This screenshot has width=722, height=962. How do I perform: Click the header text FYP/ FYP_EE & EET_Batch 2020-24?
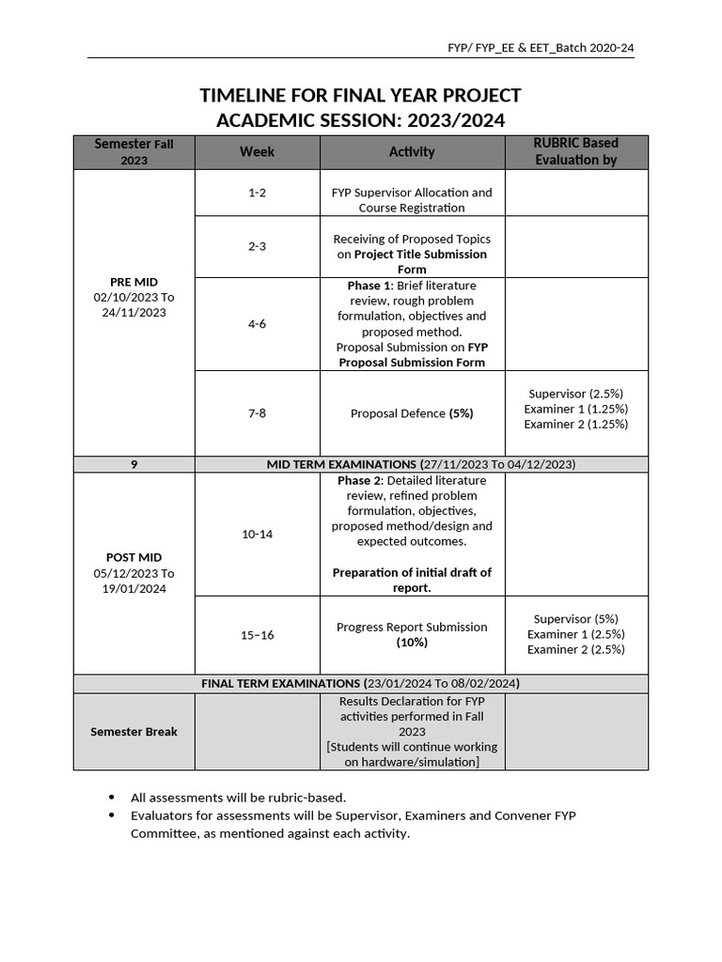click(545, 48)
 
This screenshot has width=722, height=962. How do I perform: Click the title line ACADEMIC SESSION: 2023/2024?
click(360, 120)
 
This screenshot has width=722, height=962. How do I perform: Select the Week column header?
click(257, 152)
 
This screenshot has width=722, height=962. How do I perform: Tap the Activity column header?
click(412, 152)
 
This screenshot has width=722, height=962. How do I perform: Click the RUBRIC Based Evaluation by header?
click(575, 152)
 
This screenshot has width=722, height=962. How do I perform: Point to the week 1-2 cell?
click(257, 193)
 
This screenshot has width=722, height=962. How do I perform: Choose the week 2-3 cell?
click(257, 246)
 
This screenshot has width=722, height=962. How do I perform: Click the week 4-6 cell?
click(257, 324)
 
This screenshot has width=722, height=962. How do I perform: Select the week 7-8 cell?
click(257, 413)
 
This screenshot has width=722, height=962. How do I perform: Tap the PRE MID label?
click(134, 282)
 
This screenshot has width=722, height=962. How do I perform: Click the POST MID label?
click(134, 558)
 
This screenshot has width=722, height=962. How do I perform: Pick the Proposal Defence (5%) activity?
click(412, 413)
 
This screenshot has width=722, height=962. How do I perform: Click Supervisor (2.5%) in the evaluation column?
click(575, 394)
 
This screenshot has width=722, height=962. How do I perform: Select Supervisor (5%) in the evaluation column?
click(575, 619)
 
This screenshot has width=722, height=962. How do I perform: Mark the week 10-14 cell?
click(257, 535)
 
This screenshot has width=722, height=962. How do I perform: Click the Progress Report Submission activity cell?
click(412, 634)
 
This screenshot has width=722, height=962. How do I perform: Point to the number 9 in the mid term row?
click(134, 465)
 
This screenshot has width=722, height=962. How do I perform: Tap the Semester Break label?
click(134, 732)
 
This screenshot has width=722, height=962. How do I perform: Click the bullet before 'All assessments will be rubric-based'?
click(113, 798)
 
